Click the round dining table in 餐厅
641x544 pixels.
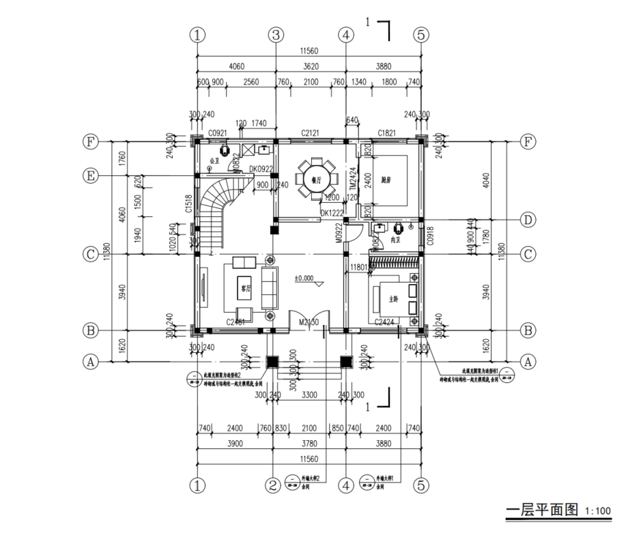pos(317,178)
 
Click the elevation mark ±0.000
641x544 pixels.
pos(304,278)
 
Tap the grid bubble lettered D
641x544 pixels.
pos(528,220)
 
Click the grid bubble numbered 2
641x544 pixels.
pos(273,485)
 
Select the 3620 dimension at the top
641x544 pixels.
pos(311,67)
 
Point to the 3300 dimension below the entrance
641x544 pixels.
pos(309,394)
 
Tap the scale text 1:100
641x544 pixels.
pos(598,511)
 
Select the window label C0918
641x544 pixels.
pos(430,238)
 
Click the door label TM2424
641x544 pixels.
pos(353,179)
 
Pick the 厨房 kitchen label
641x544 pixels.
pos(386,180)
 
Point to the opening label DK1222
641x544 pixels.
pos(332,213)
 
